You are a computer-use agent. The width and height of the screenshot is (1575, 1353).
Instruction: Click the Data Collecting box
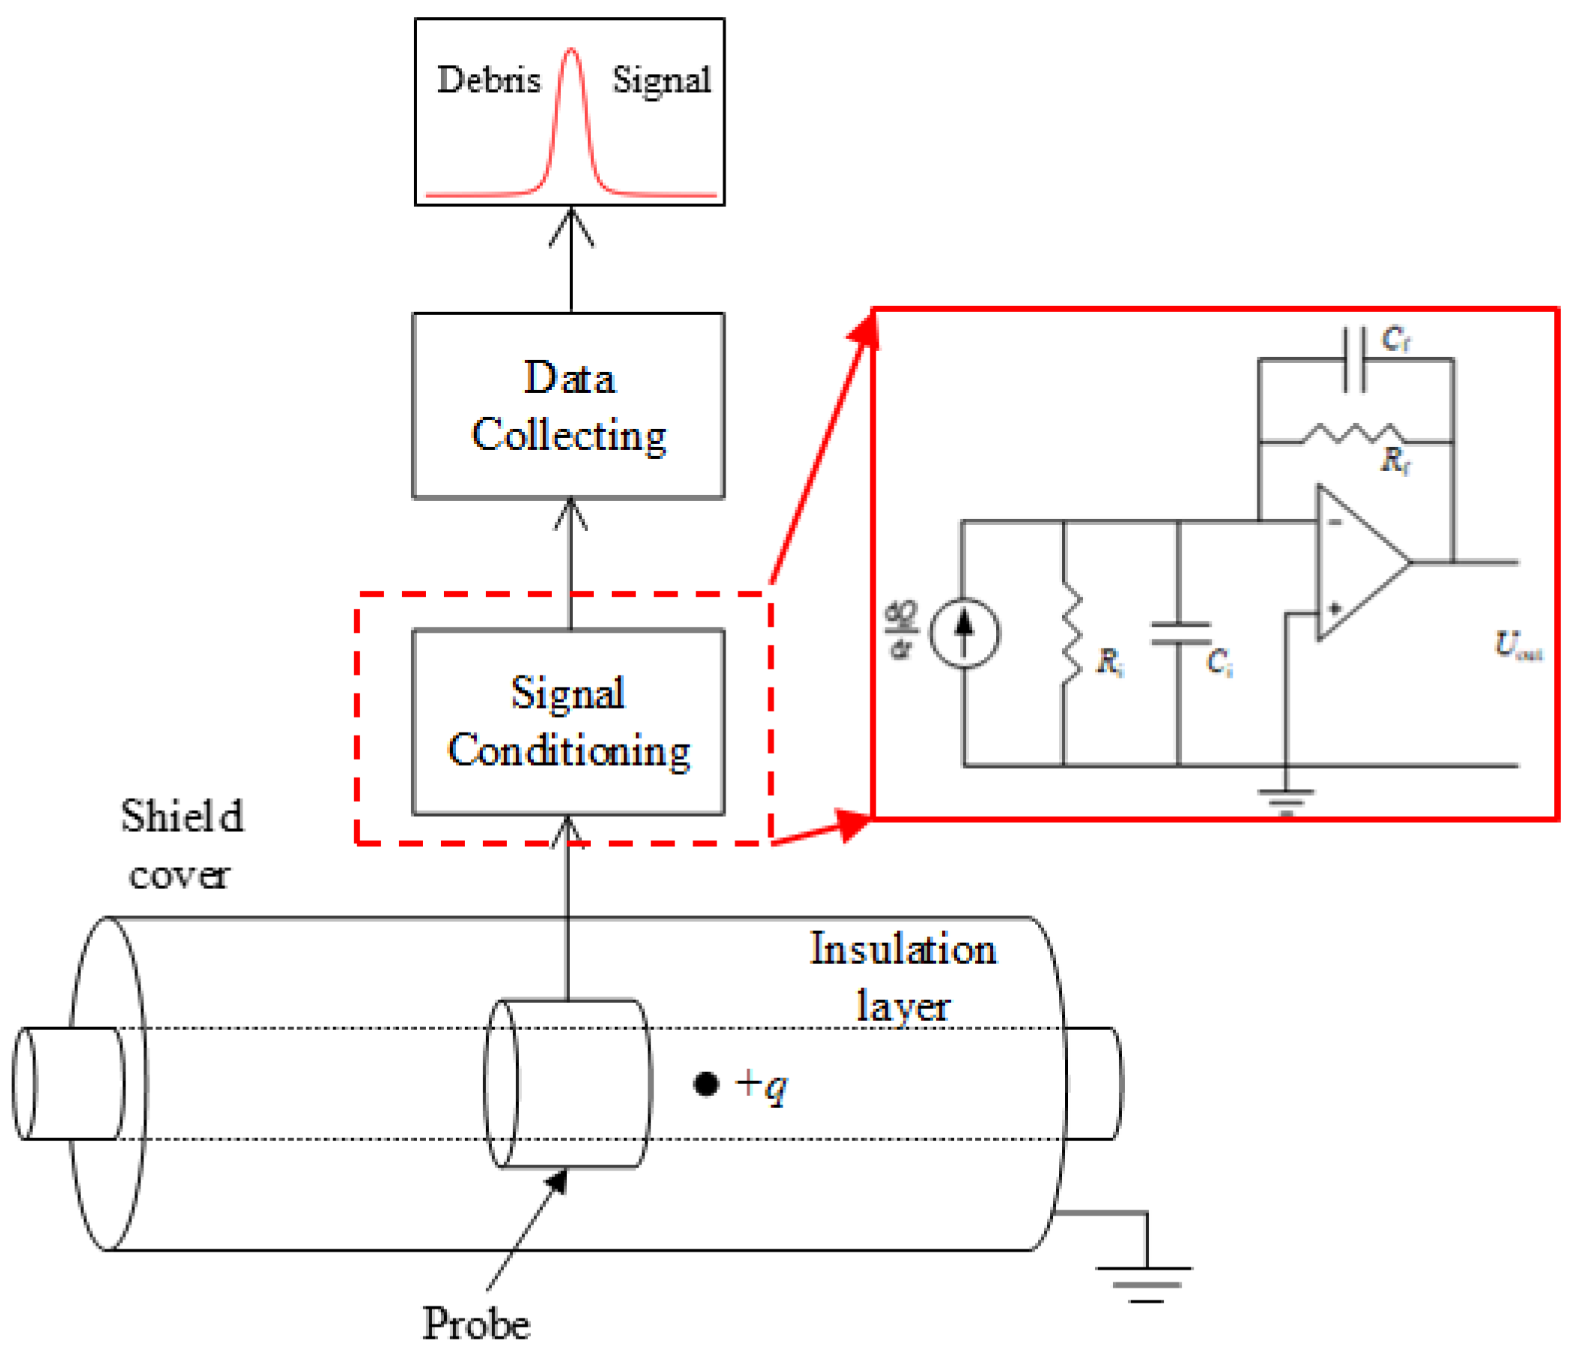(569, 406)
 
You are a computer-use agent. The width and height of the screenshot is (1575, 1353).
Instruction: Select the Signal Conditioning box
(569, 722)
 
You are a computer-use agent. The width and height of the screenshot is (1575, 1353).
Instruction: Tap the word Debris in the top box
(489, 80)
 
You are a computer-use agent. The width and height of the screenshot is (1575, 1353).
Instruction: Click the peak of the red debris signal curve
(571, 52)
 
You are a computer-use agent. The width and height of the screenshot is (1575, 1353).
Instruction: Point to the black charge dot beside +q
(706, 1084)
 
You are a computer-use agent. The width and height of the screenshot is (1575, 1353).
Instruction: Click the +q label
(762, 1086)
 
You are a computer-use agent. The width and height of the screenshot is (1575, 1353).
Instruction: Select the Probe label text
(477, 1324)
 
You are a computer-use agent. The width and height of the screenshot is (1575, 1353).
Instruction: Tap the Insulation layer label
(903, 977)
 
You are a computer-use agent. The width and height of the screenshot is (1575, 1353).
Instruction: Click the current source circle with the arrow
(964, 633)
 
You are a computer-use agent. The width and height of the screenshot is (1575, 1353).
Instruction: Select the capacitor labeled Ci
(1181, 633)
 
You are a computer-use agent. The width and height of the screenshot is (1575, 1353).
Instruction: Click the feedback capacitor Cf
(1355, 360)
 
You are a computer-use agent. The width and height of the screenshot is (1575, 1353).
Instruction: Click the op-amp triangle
(1357, 563)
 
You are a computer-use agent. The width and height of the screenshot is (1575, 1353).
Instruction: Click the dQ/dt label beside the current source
(901, 630)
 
